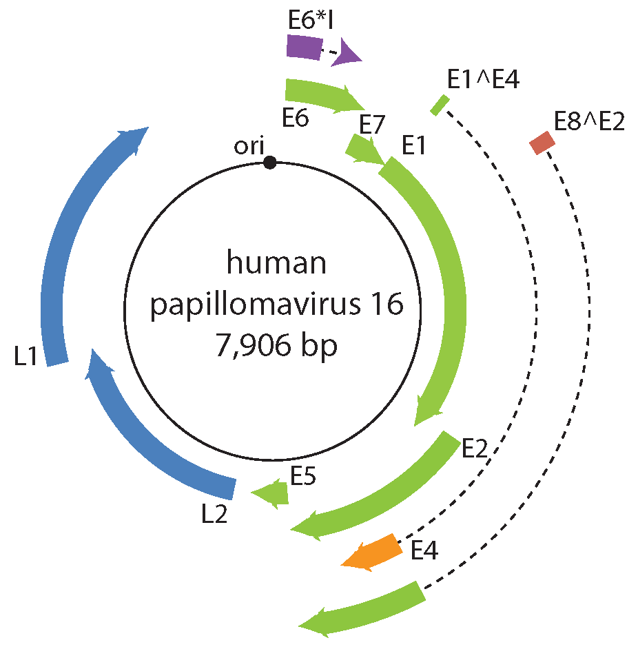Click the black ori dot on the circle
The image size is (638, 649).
270,163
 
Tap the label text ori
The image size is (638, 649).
247,147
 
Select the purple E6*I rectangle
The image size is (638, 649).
303,48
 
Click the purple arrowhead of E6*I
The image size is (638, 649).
346,54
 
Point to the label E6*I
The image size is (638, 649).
311,21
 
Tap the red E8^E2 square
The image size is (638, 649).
542,144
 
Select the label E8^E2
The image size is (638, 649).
589,122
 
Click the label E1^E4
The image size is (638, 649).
482,80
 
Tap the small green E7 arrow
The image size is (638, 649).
362,150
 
